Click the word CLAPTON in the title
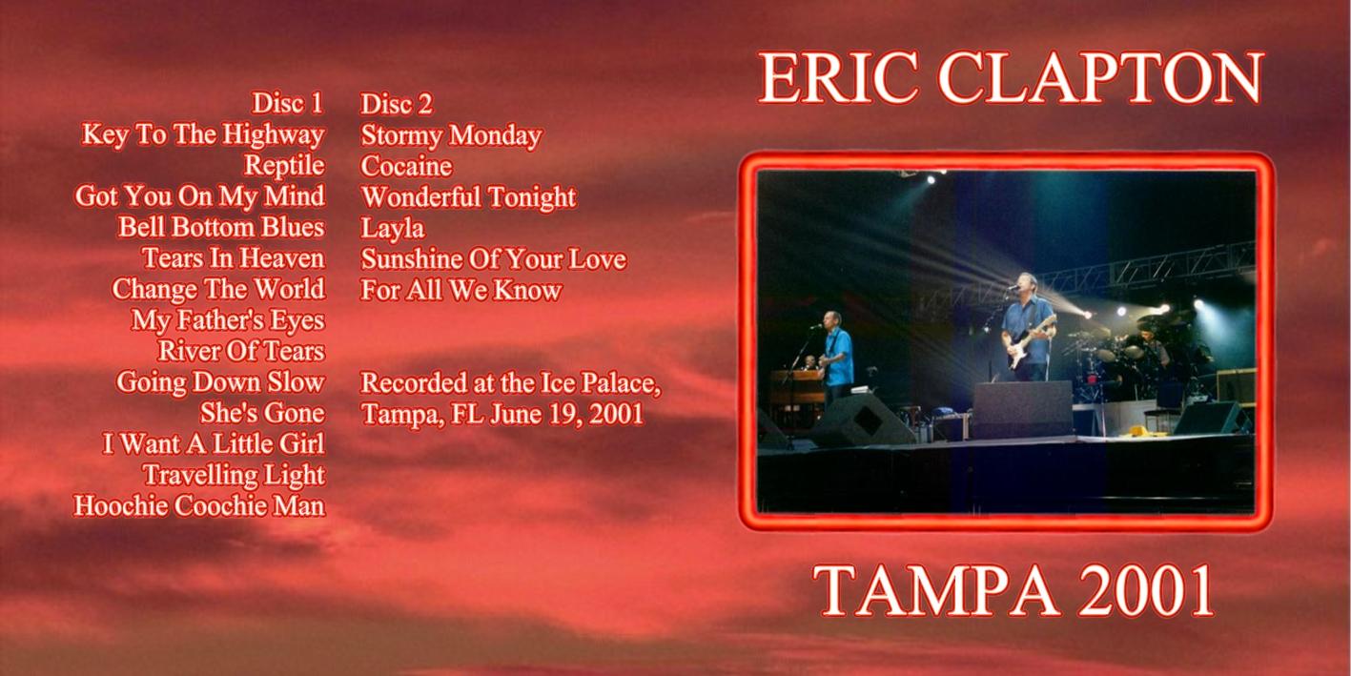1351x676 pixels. (x=1100, y=78)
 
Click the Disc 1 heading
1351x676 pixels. (x=287, y=103)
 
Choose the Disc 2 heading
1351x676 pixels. (x=397, y=104)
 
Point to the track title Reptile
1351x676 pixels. (x=284, y=166)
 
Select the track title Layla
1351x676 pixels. (x=392, y=229)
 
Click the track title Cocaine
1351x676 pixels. (x=406, y=167)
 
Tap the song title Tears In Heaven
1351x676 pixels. (x=234, y=258)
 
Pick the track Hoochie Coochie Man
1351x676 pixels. (x=199, y=505)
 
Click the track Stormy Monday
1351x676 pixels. (x=451, y=135)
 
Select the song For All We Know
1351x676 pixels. (x=461, y=290)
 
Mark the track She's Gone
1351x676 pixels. (x=262, y=413)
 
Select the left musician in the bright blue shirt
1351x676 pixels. (x=837, y=356)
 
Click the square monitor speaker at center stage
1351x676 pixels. (x=1022, y=409)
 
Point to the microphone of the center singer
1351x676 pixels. (x=1013, y=288)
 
